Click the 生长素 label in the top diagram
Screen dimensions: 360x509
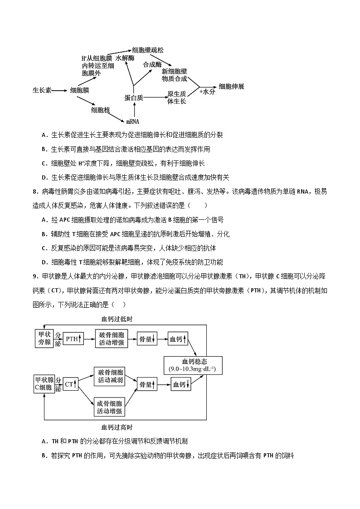point(41,90)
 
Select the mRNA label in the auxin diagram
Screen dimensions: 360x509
point(132,121)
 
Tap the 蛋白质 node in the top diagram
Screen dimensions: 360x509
point(134,97)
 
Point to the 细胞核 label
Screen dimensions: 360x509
point(101,110)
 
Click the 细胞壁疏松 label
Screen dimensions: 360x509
point(148,50)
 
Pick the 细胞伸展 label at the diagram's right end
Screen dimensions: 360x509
point(231,87)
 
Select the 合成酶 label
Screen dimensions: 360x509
point(152,65)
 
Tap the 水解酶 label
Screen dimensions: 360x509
point(125,58)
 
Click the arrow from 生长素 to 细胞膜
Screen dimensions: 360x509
point(58,91)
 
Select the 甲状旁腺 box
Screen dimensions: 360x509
point(44,339)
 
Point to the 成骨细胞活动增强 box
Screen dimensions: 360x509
point(109,407)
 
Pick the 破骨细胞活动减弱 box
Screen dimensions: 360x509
point(109,376)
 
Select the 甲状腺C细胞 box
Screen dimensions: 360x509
point(44,384)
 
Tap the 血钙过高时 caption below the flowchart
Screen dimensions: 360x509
point(117,427)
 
